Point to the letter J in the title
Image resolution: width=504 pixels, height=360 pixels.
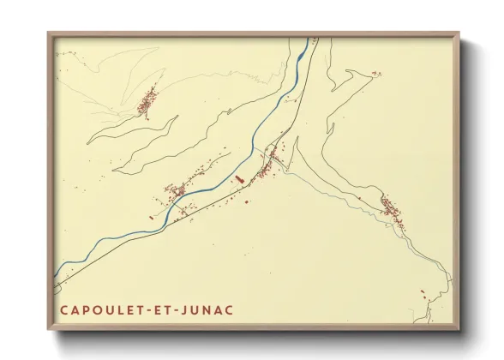pyautogui.click(x=187, y=309)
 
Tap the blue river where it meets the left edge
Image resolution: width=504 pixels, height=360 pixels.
pyautogui.click(x=58, y=278)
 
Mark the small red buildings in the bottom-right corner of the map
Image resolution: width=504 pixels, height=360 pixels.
pyautogui.click(x=424, y=297)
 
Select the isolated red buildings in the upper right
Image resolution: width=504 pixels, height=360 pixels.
pyautogui.click(x=375, y=75)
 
